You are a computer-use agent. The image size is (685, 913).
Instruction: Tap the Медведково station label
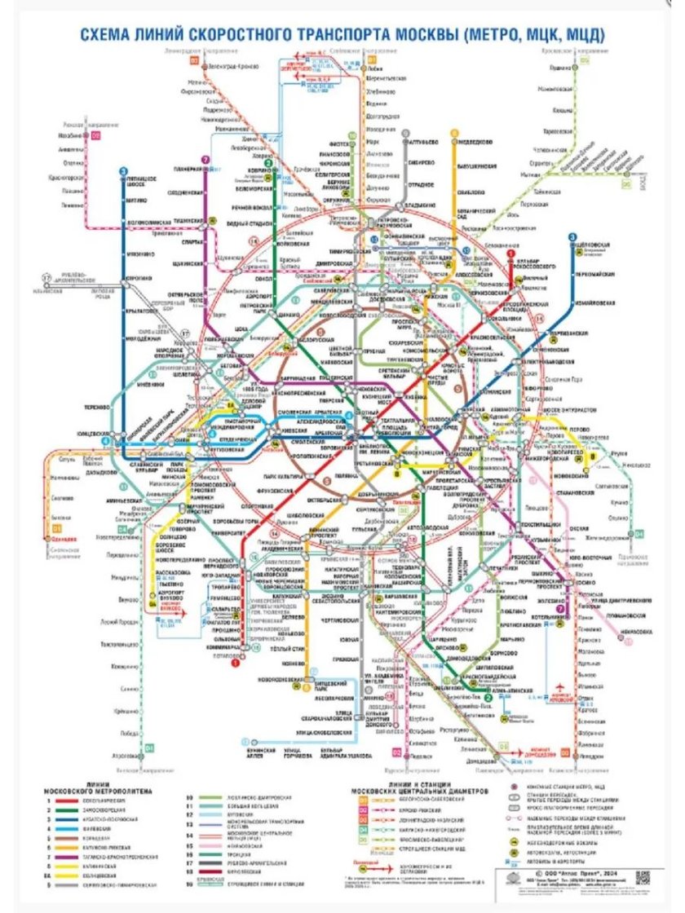[x=474, y=139]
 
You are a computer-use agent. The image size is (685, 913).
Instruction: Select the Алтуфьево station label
[x=426, y=139]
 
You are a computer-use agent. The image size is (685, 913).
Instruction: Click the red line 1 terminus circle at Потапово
[x=235, y=664]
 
